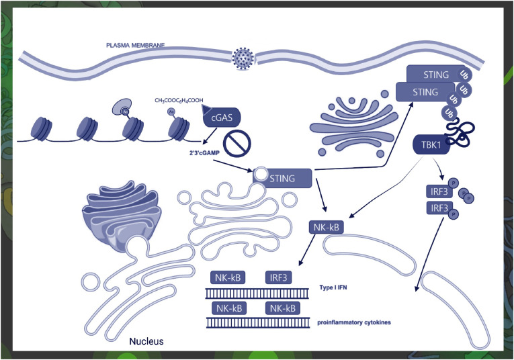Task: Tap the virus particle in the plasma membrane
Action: point(243,58)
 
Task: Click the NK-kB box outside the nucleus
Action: point(327,228)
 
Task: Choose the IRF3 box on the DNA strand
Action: point(279,277)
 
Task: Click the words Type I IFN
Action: point(334,287)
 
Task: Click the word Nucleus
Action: point(146,342)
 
